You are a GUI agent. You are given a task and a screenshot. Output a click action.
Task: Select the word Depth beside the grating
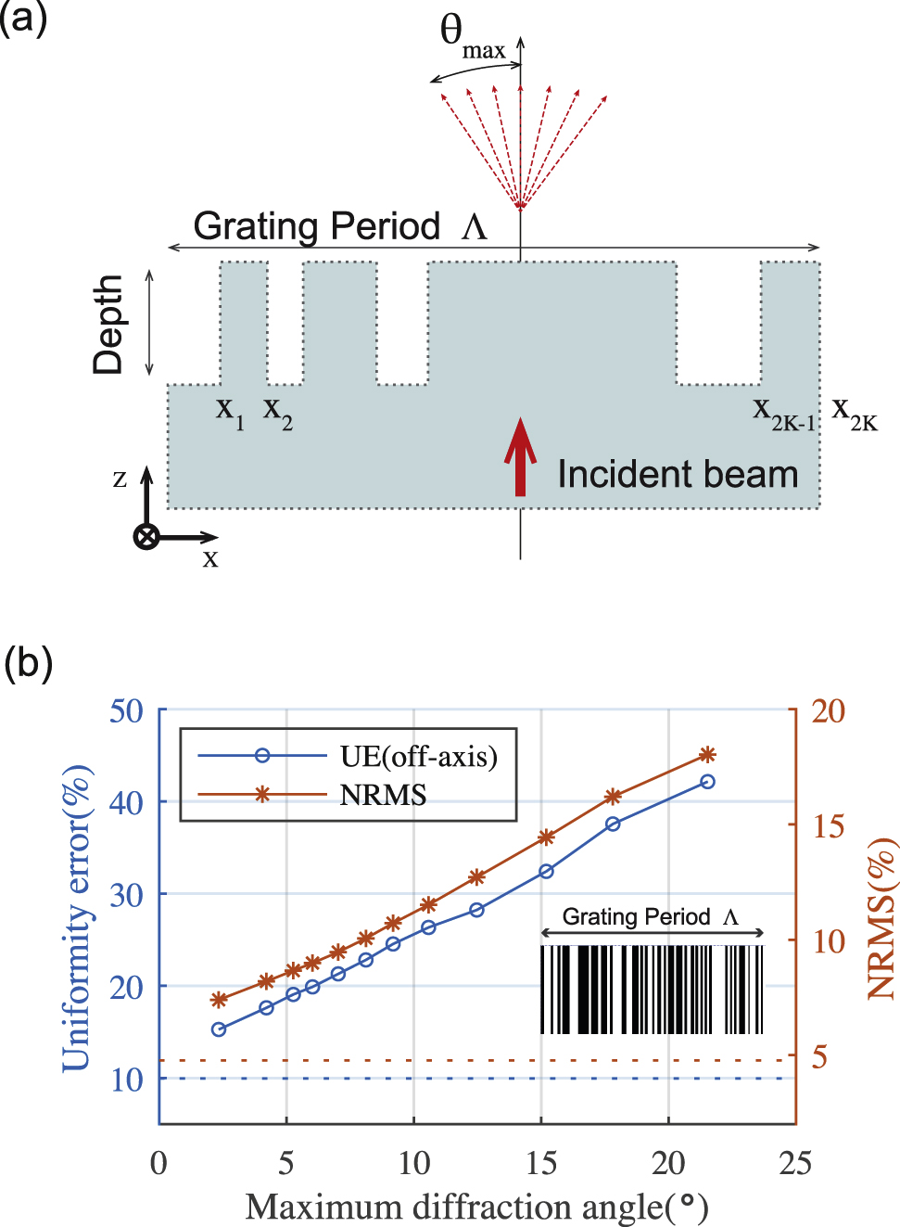[108, 324]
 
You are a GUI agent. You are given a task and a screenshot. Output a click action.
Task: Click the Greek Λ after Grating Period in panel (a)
[474, 227]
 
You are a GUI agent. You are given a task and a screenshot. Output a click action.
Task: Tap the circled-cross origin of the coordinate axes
[146, 536]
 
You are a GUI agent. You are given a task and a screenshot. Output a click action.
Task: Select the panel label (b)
[28, 663]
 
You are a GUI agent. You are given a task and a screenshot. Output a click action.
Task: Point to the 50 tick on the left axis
[126, 711]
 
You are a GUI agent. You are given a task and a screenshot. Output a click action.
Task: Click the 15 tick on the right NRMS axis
[828, 825]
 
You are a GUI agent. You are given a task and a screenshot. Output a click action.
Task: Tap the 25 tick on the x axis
[794, 1163]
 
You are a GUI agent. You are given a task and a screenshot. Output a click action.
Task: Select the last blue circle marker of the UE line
[707, 782]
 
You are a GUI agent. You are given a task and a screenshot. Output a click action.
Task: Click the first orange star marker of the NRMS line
[219, 1000]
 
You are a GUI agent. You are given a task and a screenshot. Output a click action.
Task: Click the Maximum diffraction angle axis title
[476, 1207]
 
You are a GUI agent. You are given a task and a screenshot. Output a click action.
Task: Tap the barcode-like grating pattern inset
[652, 989]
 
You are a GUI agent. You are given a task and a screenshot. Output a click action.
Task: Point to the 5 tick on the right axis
[819, 1055]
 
